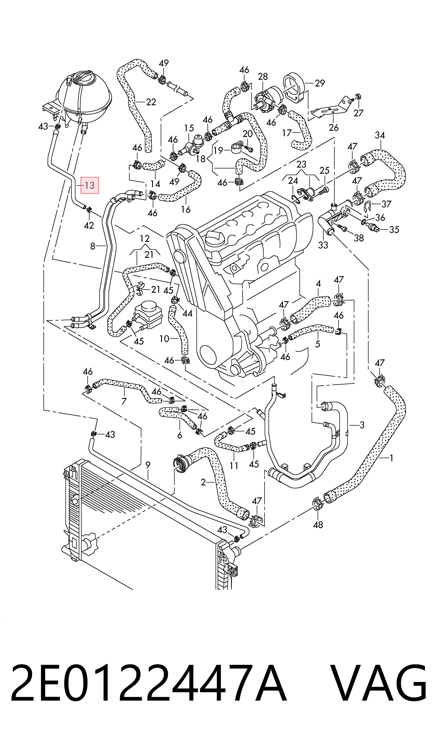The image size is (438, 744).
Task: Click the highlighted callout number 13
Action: coord(89,186)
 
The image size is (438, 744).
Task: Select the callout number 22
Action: coord(151,102)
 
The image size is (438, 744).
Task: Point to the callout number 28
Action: coord(263,77)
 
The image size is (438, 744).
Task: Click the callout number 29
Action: coord(320,83)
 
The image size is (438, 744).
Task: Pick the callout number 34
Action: coord(380,136)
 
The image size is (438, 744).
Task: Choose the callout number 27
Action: coord(358,113)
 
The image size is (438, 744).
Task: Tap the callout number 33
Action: coord(323,245)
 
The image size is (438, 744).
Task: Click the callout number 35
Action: coord(394,230)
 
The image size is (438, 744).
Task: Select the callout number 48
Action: coord(318,525)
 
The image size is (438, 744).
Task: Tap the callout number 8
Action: coord(93,246)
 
